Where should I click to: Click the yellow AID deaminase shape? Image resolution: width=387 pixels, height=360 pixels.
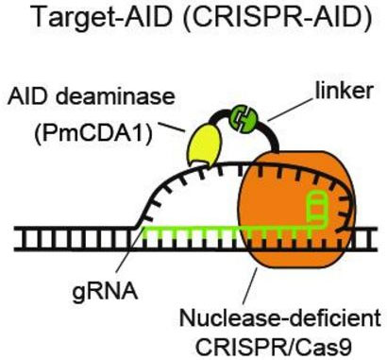coord(204,145)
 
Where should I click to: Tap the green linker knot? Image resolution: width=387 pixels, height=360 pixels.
coord(244,119)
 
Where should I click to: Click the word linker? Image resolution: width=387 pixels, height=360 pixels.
coord(345,91)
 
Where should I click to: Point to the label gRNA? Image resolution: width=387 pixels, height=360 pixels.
coord(105,292)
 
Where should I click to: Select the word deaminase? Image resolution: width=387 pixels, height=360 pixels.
coord(115,95)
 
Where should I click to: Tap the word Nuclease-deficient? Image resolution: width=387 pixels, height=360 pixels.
coord(280,318)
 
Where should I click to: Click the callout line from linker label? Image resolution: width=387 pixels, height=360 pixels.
coord(290,109)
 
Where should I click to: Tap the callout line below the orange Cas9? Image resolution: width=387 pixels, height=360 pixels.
coord(250,285)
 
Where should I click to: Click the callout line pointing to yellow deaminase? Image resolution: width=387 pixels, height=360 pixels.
coord(171,127)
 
